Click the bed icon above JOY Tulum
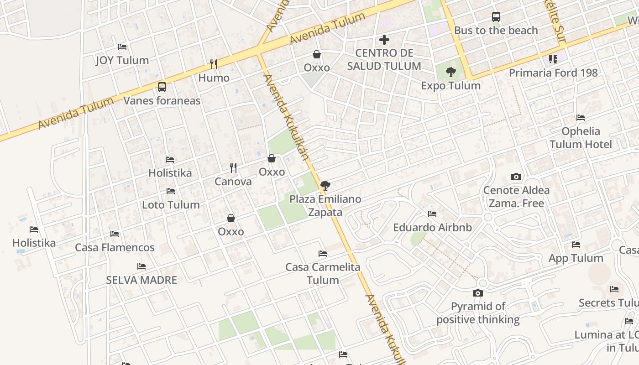coord(122,47)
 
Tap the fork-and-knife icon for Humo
coord(213,64)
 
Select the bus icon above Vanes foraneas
coord(162,87)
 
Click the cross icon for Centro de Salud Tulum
coord(384,40)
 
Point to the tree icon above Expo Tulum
coord(450,72)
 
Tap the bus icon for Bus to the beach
coord(496,17)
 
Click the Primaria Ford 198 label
coord(553,73)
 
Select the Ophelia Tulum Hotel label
coord(581,138)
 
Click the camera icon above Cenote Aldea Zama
coord(516,177)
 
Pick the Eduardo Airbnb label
coord(432,227)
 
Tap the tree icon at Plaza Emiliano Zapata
coord(325,185)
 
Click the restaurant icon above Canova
coord(233,168)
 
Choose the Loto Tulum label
coord(171,204)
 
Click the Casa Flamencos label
coord(115,247)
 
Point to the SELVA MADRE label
coord(141,280)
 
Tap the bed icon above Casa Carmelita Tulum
coord(323,254)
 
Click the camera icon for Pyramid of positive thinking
coord(478,293)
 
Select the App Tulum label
coord(576,258)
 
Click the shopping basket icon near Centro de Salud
coord(317,54)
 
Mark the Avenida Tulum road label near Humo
coord(327,28)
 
